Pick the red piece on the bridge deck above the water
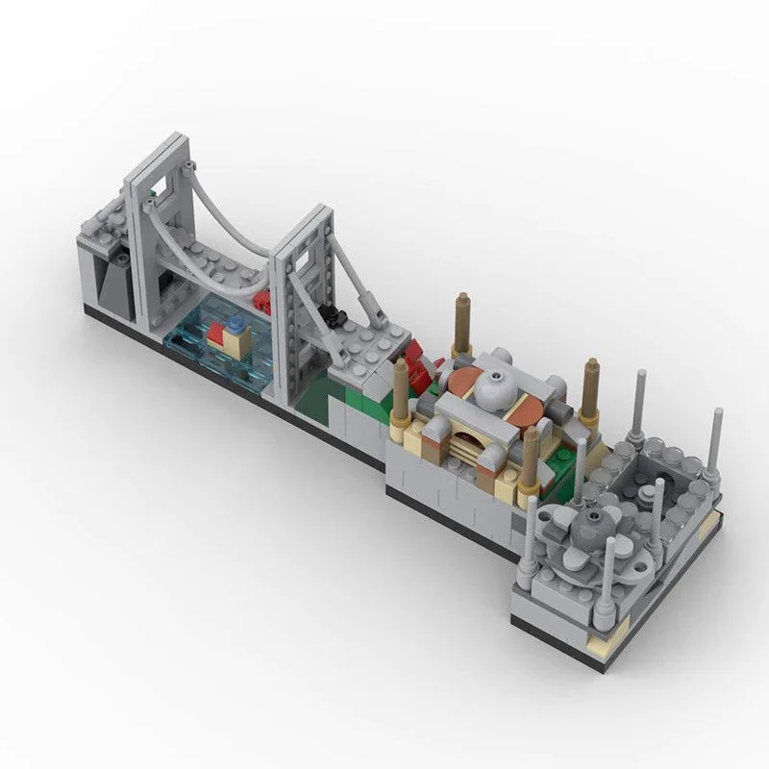(x=261, y=301)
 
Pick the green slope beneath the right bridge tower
(x=317, y=394)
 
